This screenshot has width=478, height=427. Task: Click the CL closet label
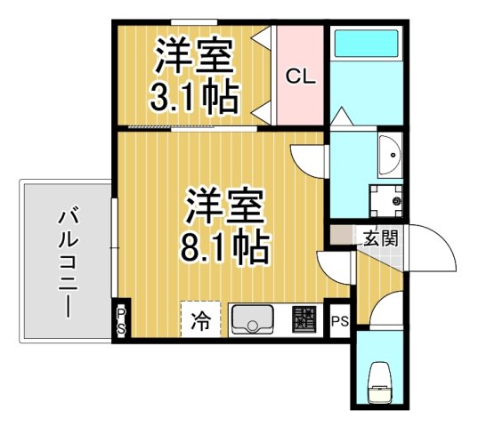300,77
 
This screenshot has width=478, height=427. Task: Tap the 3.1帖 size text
195,97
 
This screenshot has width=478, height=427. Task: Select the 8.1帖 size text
224,246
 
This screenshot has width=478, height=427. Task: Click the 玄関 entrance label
379,238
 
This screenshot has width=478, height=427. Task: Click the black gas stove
305,318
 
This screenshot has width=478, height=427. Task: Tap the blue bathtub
365,59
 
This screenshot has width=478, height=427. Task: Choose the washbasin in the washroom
389,156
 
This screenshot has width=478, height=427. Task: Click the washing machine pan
386,200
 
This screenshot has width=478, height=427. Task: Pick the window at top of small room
195,21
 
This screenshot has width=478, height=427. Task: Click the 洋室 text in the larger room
224,207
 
